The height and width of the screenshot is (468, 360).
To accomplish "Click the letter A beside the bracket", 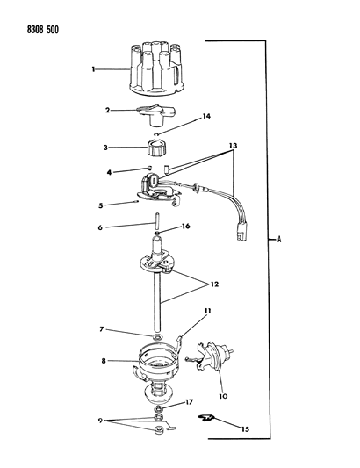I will pos(279,238).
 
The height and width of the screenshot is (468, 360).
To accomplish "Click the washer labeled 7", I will pos(155,337).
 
